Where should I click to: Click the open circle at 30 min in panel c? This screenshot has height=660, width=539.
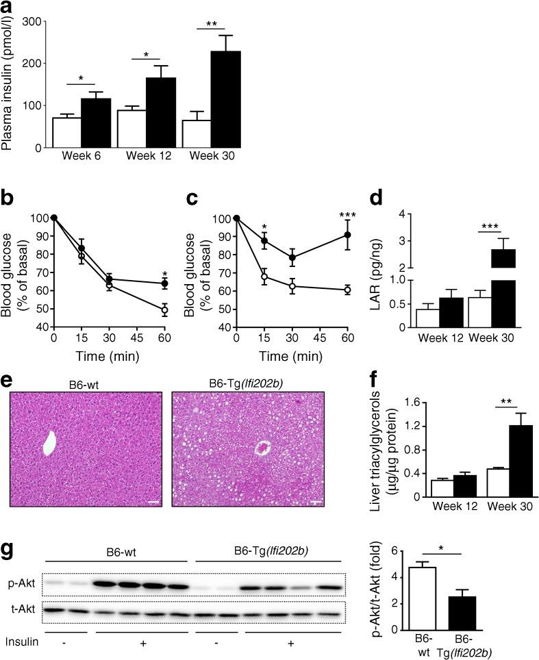point(292,286)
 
